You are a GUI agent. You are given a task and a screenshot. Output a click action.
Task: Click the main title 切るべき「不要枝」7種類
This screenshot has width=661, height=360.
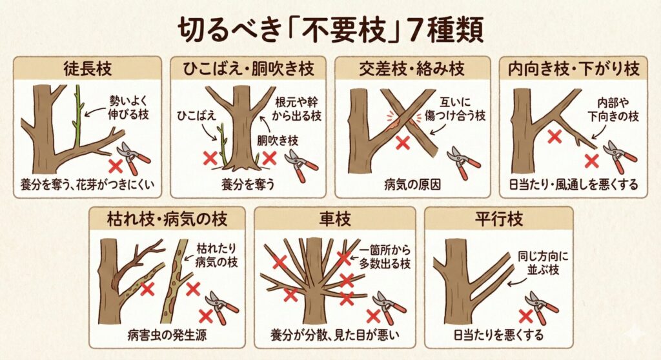(x=330, y=30)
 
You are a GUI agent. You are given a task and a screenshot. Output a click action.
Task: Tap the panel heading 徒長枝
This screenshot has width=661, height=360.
(x=88, y=69)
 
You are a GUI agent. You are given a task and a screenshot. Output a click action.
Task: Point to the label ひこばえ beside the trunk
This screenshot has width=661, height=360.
(x=196, y=115)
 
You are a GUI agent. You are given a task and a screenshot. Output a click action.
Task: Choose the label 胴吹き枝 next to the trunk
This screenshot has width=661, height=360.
(x=278, y=141)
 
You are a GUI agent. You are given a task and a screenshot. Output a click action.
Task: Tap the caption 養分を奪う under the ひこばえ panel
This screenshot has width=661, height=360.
(x=248, y=185)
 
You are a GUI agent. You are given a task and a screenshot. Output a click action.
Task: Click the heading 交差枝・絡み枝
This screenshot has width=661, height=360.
(x=412, y=69)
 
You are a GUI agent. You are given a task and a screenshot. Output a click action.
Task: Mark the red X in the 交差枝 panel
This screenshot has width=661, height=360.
(x=403, y=143)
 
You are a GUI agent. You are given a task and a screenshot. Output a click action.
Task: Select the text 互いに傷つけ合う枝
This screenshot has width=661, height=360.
(x=455, y=109)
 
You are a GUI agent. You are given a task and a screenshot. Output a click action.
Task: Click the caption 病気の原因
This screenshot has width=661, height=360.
(x=412, y=185)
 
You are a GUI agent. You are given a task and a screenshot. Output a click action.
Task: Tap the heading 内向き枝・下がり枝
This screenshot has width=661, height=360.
(x=574, y=69)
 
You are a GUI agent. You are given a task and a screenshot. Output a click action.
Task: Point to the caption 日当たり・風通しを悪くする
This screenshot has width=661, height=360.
(x=573, y=185)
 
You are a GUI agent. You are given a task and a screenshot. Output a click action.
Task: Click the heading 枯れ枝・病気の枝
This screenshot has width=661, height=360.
(x=167, y=219)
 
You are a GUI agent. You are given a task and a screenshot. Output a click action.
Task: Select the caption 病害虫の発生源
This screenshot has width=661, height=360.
(x=167, y=335)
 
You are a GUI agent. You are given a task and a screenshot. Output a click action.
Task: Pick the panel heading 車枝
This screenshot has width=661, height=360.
(x=335, y=219)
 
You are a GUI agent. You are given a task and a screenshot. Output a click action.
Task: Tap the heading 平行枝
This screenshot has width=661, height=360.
(x=499, y=219)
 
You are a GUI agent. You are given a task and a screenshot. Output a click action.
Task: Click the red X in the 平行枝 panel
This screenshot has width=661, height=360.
(x=525, y=315)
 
